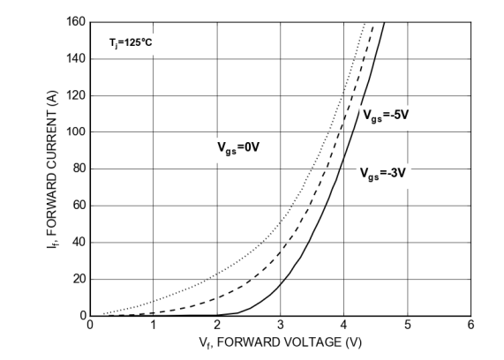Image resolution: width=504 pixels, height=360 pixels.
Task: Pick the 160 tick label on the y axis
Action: [77, 22]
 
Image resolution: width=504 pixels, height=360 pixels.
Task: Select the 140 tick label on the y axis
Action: [77, 59]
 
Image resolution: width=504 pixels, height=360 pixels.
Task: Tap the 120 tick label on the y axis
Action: [77, 95]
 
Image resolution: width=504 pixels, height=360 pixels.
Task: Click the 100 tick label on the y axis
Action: [77, 132]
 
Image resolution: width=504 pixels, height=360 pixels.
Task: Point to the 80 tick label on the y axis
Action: [79, 169]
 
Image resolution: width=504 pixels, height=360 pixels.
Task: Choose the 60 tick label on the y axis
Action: [79, 206]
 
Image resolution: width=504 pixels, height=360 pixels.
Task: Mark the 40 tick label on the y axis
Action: [79, 243]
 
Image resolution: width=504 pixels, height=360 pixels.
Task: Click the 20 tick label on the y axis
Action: [79, 279]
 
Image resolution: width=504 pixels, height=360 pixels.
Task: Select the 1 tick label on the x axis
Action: [154, 325]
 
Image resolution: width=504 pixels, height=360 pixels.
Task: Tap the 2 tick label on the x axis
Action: [217, 325]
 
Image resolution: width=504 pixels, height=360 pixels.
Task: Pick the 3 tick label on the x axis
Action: [281, 325]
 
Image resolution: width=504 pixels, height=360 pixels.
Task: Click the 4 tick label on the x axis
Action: [344, 325]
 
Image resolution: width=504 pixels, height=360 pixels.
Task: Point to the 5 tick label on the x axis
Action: [408, 325]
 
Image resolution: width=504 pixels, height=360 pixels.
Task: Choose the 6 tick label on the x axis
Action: [471, 325]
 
